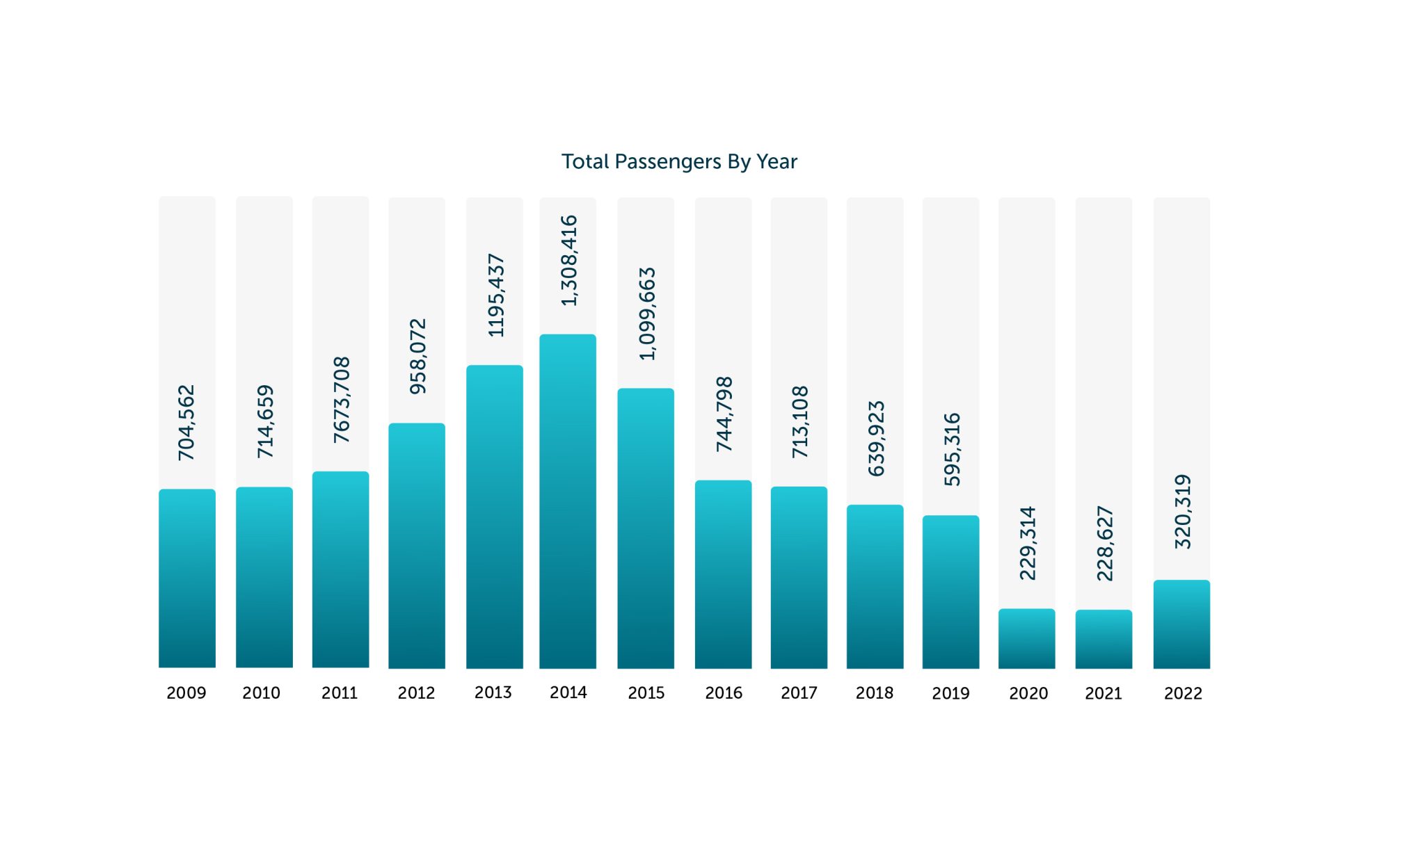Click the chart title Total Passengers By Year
679,161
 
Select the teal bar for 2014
568,501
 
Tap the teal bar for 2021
1104,640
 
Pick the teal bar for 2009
187,578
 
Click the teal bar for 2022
1181,624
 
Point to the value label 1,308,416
569,260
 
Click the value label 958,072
418,356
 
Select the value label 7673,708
342,400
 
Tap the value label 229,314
1028,543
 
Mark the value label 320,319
1183,512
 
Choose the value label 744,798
724,414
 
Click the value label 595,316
952,449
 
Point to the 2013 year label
493,692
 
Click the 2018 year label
874,693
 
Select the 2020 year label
1028,693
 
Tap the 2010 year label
261,693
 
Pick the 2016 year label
723,693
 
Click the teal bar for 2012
417,546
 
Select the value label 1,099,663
648,314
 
